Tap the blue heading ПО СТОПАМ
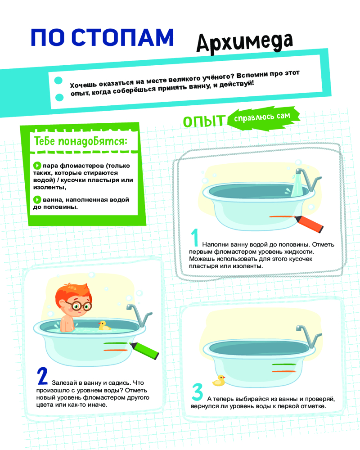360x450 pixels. click(102, 37)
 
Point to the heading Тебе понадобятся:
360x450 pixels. click(81, 141)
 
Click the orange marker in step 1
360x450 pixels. click(308, 223)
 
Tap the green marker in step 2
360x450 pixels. click(144, 350)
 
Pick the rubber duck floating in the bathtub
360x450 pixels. click(104, 325)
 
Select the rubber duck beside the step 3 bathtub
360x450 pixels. click(219, 381)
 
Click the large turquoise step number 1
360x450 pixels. click(195, 237)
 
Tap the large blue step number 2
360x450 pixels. click(42, 376)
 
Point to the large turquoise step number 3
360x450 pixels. click(198, 392)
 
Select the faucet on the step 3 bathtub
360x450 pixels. click(310, 336)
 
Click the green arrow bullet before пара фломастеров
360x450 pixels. click(37, 166)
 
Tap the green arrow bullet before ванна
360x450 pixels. click(37, 199)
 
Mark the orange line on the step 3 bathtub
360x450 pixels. click(284, 371)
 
